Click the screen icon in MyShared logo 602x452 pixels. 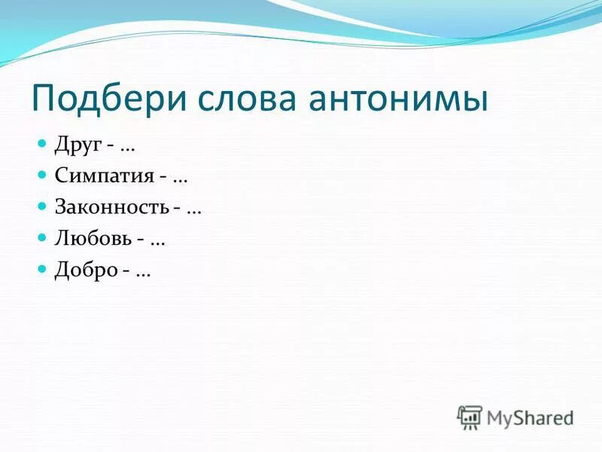[470, 417]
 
